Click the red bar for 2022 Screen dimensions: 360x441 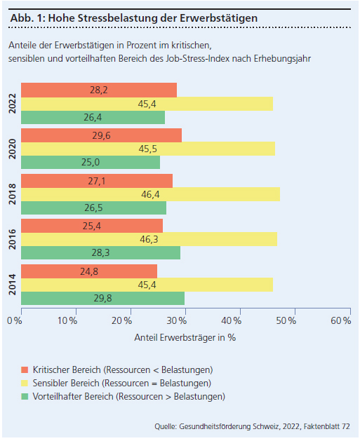tap(99, 90)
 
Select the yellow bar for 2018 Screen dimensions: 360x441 tap(151, 194)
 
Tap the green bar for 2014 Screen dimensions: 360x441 tap(102, 299)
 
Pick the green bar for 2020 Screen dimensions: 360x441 tap(91, 162)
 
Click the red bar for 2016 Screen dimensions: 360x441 tap(92, 226)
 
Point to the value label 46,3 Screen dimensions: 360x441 tap(149, 239)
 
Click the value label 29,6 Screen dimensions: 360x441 tap(101, 135)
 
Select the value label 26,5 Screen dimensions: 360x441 tap(93, 208)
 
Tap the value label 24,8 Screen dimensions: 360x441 tap(89, 271)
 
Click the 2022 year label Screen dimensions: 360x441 tap(13, 104)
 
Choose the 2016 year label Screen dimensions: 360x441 tap(13, 239)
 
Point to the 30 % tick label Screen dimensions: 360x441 tap(176, 321)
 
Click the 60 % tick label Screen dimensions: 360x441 tap(341, 321)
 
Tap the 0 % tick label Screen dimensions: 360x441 tap(14, 321)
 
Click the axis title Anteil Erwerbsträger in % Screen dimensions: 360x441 tap(185, 337)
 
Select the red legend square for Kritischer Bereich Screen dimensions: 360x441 tap(25, 370)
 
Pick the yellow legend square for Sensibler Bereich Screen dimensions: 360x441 tap(25, 384)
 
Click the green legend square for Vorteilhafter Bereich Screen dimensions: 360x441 tap(25, 397)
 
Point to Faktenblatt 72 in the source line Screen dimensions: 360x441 tap(327, 426)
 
